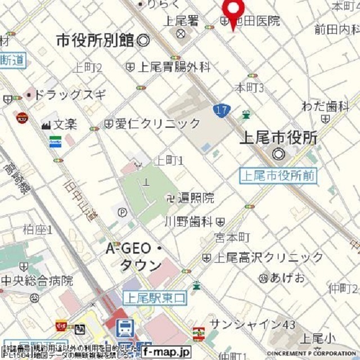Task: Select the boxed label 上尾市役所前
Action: point(278,175)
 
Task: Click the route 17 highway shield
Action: point(222,110)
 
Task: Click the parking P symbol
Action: point(123,213)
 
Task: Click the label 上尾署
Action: point(181,21)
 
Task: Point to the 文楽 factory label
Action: point(65,123)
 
